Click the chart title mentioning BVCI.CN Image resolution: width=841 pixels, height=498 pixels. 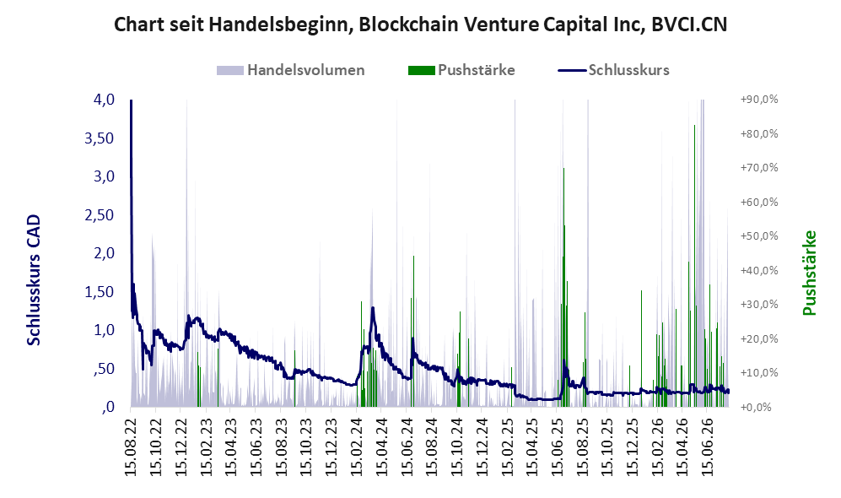(x=420, y=24)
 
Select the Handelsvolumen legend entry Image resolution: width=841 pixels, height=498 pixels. (x=291, y=70)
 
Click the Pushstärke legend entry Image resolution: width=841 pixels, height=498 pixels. (x=461, y=70)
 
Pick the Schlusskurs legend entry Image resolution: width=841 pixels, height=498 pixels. (x=613, y=70)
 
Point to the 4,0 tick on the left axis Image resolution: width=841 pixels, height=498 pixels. (x=104, y=100)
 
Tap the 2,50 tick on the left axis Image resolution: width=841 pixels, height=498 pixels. (x=100, y=215)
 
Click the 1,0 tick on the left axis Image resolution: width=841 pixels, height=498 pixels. (x=104, y=330)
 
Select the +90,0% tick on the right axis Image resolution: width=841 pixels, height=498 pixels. (x=759, y=100)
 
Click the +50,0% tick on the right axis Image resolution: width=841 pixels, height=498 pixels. (x=759, y=236)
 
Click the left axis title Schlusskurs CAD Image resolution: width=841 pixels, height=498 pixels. (x=34, y=280)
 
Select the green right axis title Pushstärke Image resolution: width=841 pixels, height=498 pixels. (x=809, y=273)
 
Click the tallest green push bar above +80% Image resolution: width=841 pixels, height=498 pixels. (x=694, y=266)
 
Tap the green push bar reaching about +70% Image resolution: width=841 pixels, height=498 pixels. (x=563, y=287)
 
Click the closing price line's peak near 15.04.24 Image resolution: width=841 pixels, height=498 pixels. (x=372, y=308)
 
